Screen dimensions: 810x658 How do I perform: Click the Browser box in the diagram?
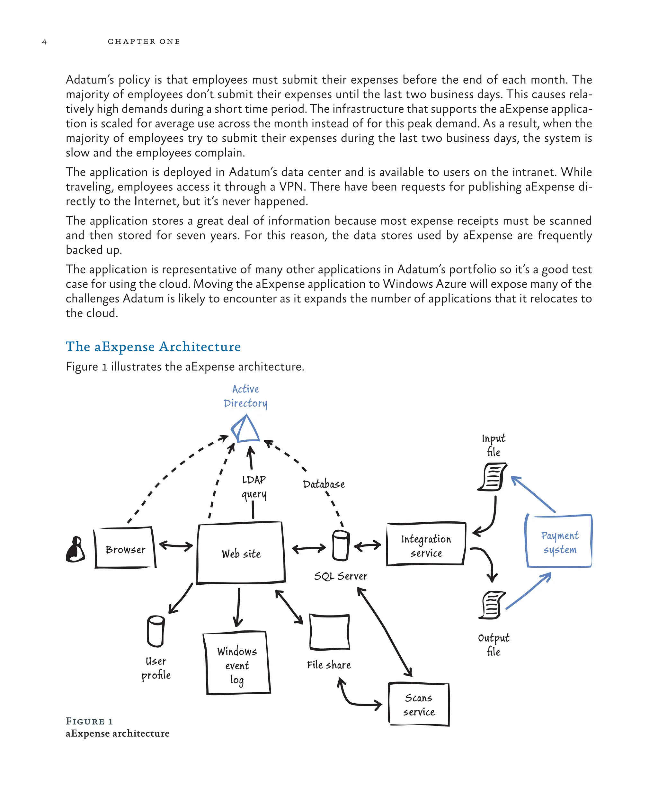point(125,549)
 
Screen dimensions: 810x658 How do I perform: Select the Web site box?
point(241,553)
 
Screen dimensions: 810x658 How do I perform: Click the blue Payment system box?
point(559,542)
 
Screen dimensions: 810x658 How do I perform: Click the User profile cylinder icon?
point(156,631)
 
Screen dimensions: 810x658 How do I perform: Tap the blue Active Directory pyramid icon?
point(245,429)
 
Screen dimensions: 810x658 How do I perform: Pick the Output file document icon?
point(492,605)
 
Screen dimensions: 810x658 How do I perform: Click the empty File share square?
point(329,632)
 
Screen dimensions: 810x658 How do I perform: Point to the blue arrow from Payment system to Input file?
point(533,494)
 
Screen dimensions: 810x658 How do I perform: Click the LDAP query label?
point(254,487)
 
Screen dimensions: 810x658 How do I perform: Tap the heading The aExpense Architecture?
point(153,346)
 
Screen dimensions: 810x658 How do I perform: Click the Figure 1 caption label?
point(89,721)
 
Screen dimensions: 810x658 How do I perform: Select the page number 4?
point(44,42)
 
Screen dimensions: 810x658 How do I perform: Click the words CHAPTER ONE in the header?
point(144,41)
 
